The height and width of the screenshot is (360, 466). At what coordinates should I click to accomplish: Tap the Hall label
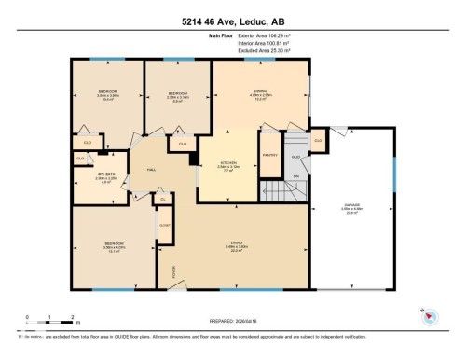pos(149,168)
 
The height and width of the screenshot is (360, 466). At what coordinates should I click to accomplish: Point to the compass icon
pos(429,315)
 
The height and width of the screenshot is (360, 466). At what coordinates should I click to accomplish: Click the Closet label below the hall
pos(165,225)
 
